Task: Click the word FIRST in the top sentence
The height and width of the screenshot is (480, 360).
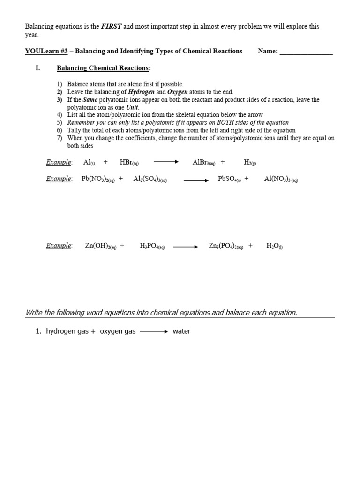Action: [x=112, y=27]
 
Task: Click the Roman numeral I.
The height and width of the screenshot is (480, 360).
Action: [x=37, y=68]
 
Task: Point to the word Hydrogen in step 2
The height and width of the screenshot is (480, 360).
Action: [x=143, y=92]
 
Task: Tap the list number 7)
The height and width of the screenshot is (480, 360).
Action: [x=60, y=138]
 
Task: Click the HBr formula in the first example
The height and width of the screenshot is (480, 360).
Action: [x=129, y=162]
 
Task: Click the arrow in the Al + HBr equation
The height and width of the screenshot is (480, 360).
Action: [x=166, y=162]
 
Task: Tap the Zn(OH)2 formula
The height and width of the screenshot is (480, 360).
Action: [x=100, y=245]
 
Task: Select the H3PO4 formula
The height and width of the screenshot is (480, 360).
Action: [x=152, y=245]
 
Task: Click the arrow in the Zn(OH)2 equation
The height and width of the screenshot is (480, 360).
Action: [x=186, y=246]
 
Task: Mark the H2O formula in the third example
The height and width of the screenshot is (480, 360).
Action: [x=274, y=245]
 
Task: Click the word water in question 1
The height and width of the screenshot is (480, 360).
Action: [x=181, y=331]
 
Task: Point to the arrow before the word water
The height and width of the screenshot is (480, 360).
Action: [x=154, y=331]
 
